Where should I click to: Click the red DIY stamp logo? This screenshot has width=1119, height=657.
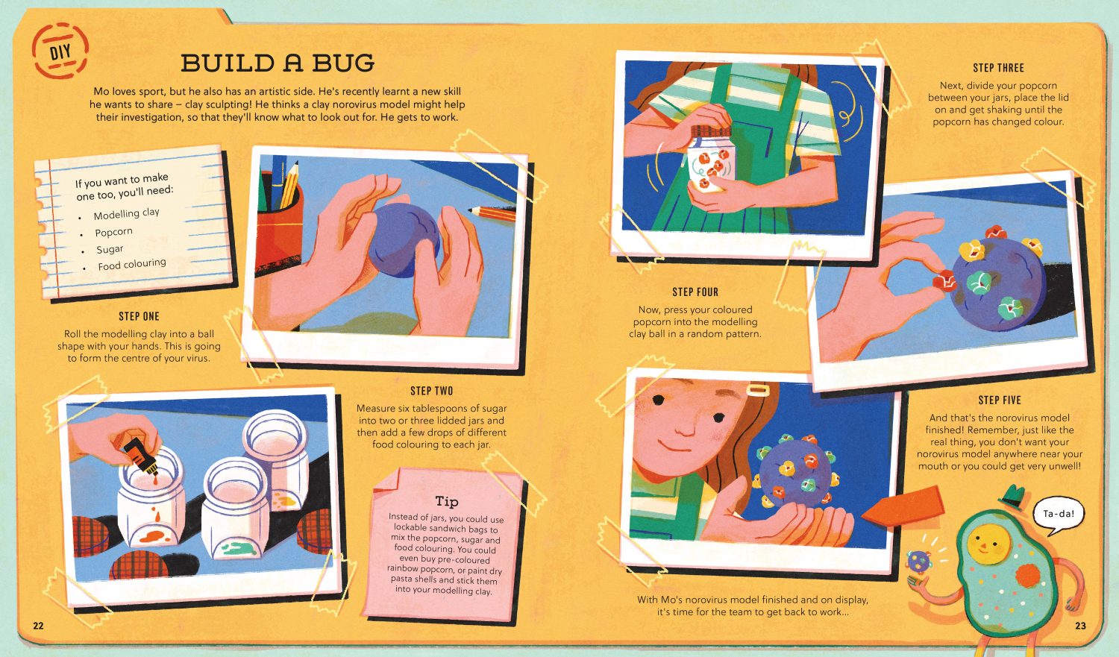(60, 51)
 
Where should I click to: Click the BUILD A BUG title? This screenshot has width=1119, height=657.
(278, 63)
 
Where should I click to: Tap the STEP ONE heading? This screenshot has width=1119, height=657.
(139, 316)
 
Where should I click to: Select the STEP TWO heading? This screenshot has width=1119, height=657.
(432, 391)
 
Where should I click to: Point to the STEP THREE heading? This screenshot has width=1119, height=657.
(998, 68)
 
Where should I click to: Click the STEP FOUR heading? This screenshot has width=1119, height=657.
(695, 292)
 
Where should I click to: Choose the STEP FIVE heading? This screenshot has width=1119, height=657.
(1000, 400)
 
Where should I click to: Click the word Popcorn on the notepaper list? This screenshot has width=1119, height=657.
(114, 232)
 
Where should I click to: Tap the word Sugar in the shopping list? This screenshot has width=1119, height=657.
(110, 249)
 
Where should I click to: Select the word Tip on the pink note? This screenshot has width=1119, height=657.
(447, 501)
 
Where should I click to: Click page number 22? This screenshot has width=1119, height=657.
(39, 626)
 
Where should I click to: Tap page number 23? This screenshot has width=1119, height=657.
(1080, 626)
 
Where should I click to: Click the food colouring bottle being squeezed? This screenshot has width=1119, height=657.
(141, 456)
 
